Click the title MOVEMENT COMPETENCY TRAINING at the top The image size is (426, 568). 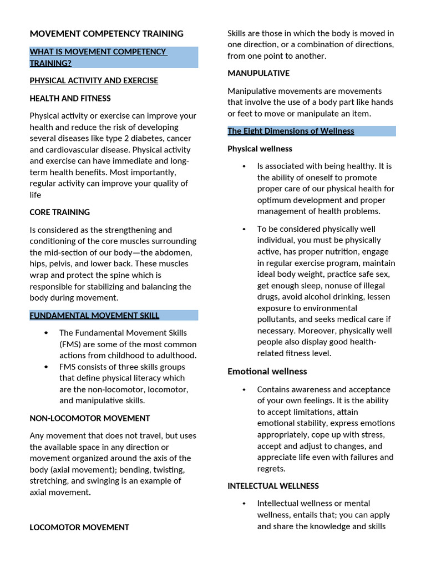(106, 34)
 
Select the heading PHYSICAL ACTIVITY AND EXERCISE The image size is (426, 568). (94, 80)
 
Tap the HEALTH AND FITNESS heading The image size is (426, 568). (70, 98)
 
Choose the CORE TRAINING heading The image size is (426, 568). (59, 212)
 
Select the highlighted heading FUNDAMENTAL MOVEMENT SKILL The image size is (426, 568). (94, 316)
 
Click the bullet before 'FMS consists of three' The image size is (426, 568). (46, 367)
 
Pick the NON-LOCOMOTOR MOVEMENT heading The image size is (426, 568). (90, 418)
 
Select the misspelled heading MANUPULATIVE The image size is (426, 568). (258, 73)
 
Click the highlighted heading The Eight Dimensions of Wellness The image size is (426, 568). (291, 131)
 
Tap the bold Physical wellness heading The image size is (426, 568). (260, 149)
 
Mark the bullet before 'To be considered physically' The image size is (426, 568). (244, 229)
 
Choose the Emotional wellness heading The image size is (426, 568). (267, 371)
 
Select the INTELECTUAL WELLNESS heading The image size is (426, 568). (273, 486)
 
